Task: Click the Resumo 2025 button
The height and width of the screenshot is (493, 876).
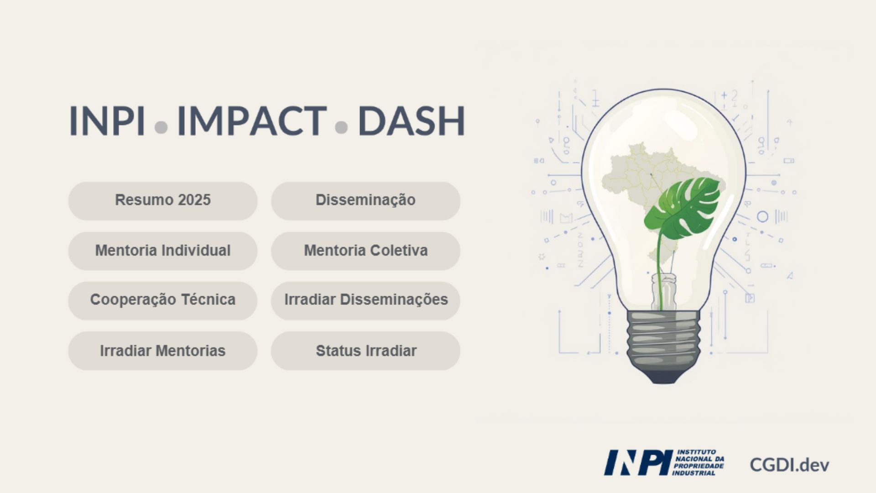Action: click(163, 200)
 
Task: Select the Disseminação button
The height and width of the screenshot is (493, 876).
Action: click(365, 200)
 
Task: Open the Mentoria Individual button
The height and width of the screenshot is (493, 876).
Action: click(163, 251)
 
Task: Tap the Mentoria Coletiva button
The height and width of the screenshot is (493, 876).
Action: click(365, 251)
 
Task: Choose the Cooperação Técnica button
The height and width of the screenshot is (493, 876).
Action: click(163, 300)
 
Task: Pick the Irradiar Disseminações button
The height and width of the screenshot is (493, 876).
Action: click(365, 300)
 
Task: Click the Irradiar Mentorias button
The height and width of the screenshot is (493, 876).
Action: click(163, 351)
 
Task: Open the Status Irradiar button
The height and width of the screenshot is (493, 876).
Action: click(365, 351)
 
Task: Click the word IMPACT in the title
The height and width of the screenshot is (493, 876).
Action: click(252, 121)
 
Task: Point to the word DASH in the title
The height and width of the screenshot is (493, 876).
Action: click(412, 121)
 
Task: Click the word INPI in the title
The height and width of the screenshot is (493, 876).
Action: click(107, 121)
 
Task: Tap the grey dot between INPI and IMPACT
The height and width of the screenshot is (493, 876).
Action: click(161, 127)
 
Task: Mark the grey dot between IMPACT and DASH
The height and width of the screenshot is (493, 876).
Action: click(341, 127)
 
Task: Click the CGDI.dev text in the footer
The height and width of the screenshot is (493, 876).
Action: click(789, 465)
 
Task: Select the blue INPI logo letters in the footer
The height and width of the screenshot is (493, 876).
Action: click(638, 462)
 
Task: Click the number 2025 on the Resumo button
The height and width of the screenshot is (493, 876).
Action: click(194, 200)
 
